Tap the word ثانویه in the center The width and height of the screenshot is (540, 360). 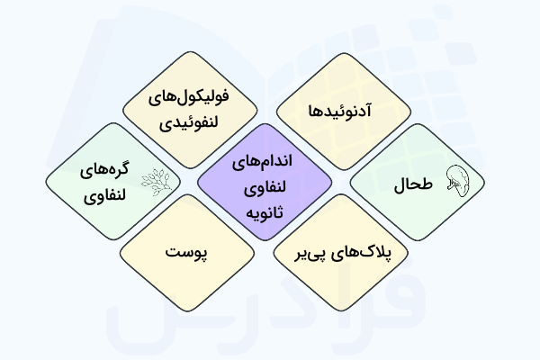270,212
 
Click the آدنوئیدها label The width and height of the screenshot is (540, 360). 344,113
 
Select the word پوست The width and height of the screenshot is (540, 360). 187,253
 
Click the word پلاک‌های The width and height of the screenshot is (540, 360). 369,254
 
